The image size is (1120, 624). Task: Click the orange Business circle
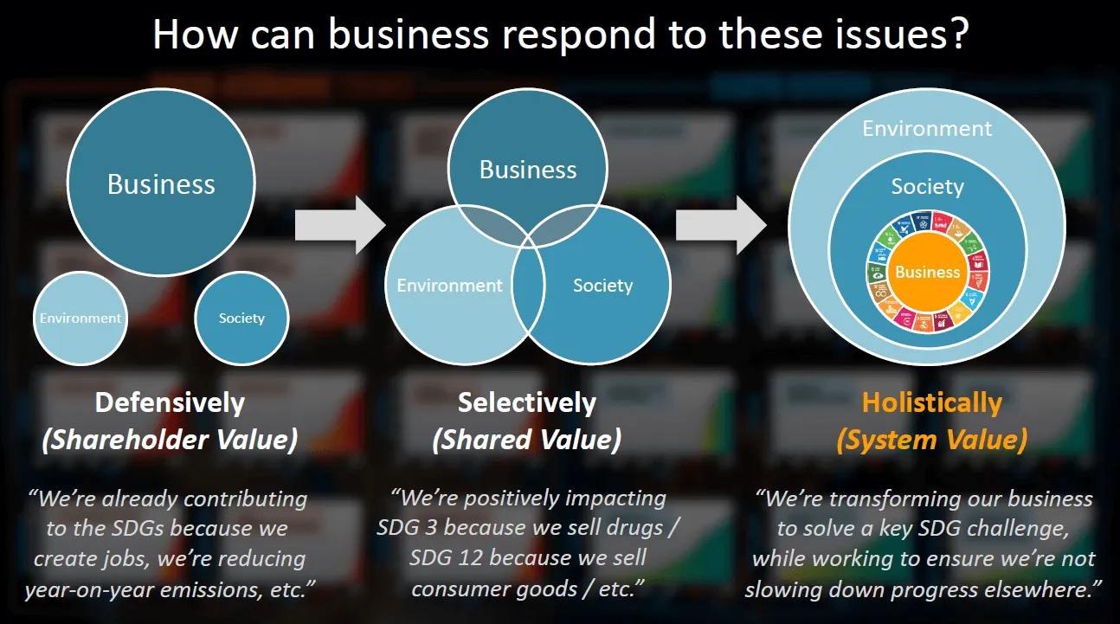(927, 272)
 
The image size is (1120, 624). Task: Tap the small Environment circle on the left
(80, 318)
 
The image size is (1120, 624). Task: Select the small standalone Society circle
(241, 318)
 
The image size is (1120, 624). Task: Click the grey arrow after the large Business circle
(339, 225)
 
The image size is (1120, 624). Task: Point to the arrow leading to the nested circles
(721, 225)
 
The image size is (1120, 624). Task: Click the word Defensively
(170, 402)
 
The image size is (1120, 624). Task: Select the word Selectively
(527, 402)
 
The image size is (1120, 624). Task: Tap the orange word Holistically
(931, 402)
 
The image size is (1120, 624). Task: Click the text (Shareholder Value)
(170, 440)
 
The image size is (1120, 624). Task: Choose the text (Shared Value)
(527, 440)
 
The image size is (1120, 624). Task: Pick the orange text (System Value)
(931, 440)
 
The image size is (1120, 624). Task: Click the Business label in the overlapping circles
(528, 170)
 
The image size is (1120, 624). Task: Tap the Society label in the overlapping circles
(602, 285)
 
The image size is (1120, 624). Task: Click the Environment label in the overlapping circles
(449, 285)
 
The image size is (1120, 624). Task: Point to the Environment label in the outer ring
(927, 129)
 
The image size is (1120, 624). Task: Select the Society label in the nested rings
(927, 186)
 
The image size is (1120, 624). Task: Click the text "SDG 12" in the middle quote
(443, 557)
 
